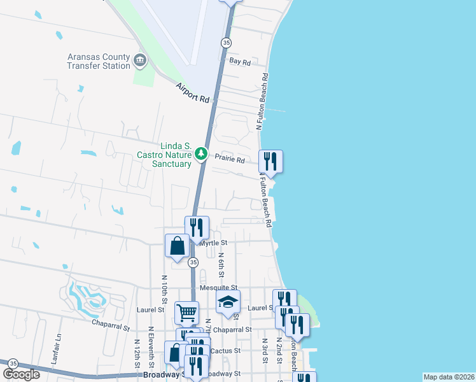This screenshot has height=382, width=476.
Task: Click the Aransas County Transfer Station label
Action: (x=99, y=61)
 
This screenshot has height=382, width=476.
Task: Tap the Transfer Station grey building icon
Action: (x=140, y=62)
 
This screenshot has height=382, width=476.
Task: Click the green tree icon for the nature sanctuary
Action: (x=201, y=153)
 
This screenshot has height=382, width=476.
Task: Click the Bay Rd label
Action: (x=240, y=62)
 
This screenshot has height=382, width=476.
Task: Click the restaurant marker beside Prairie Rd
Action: (x=271, y=162)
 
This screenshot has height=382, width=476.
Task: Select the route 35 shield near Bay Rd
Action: (x=226, y=42)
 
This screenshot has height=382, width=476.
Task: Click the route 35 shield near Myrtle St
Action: (x=193, y=262)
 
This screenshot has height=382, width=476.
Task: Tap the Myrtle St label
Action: (x=214, y=243)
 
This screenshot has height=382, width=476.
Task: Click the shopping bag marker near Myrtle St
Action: (x=176, y=246)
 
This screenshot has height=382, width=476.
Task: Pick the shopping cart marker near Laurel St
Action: (x=186, y=313)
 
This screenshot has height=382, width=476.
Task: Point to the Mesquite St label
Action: (x=218, y=288)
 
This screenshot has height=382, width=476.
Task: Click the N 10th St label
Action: (x=164, y=289)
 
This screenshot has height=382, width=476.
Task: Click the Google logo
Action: (x=22, y=374)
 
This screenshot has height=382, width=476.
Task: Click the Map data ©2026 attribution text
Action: (x=449, y=377)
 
